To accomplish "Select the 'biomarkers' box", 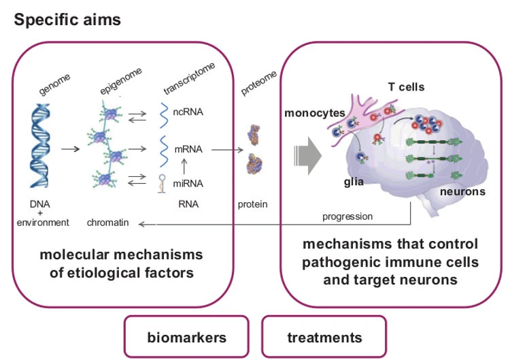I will [x=187, y=337].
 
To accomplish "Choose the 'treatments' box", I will [x=324, y=337].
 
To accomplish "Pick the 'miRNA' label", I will [x=190, y=182].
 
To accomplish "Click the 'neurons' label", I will [x=462, y=192].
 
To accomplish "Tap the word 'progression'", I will [x=348, y=216].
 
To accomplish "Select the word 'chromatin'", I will [x=107, y=222].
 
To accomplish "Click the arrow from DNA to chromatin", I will [x=71, y=146].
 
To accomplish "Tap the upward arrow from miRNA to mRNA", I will [x=182, y=165].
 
